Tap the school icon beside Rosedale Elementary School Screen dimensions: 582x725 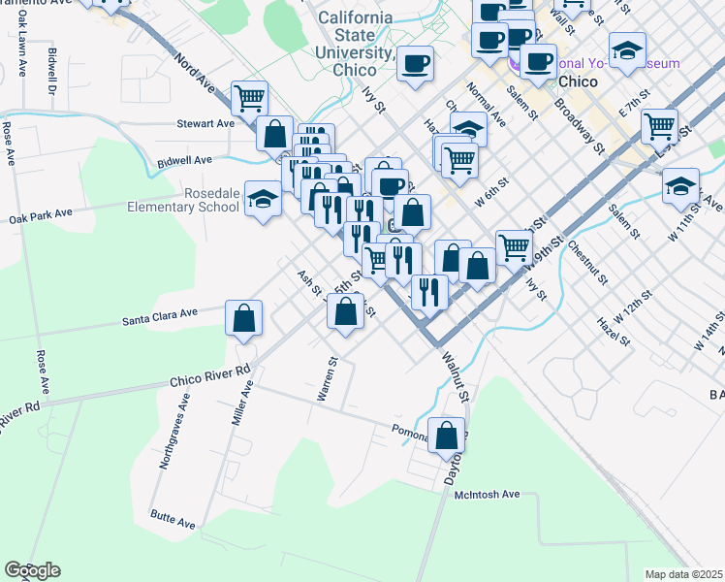(x=263, y=200)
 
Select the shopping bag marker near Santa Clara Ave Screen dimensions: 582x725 (x=244, y=318)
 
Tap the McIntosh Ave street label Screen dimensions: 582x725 (x=487, y=495)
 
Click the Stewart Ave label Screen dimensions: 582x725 (x=205, y=124)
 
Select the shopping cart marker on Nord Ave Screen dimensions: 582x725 (x=250, y=97)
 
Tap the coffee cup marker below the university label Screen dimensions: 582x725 (x=416, y=64)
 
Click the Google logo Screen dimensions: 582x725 (x=32, y=570)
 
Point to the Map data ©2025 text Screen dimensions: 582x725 (x=684, y=574)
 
